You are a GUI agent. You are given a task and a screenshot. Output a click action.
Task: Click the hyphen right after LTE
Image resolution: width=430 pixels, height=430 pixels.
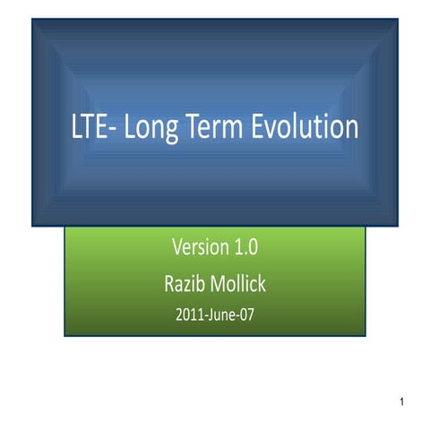(x=115, y=131)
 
